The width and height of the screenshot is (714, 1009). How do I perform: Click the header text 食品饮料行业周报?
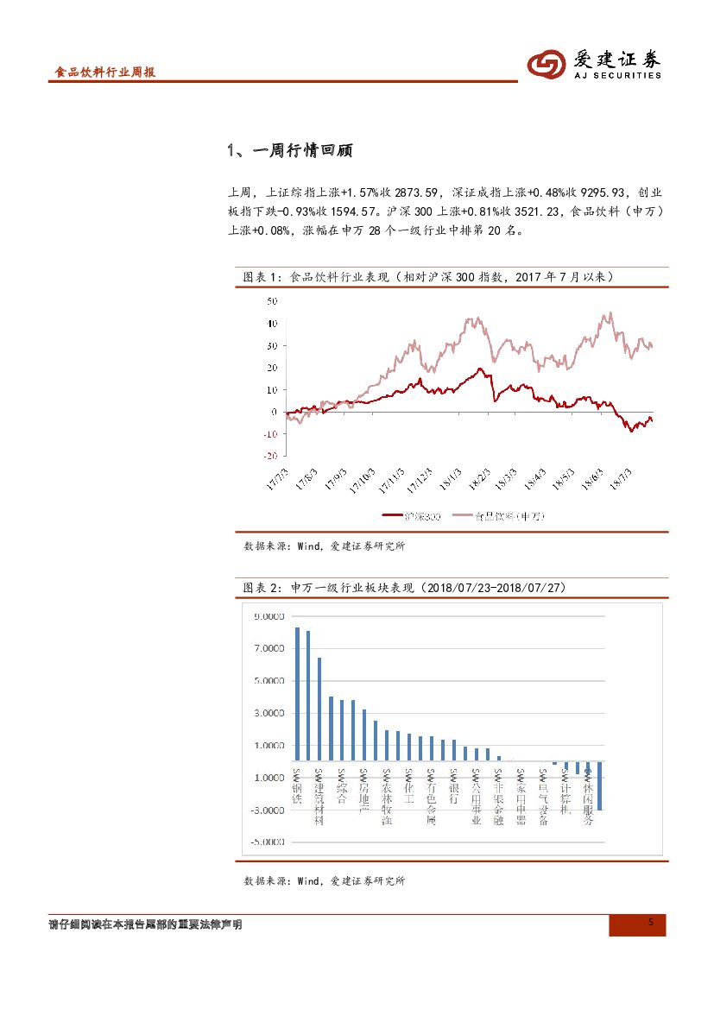104,73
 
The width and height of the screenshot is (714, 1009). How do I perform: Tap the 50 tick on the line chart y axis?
272,301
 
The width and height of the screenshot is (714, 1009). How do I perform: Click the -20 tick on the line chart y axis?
270,456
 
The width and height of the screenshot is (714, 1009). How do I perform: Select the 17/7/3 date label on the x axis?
277,479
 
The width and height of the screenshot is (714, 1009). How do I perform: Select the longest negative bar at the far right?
599,785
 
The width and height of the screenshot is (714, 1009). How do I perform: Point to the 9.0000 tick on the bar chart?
268,616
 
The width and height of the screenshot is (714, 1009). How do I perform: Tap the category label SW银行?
453,786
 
